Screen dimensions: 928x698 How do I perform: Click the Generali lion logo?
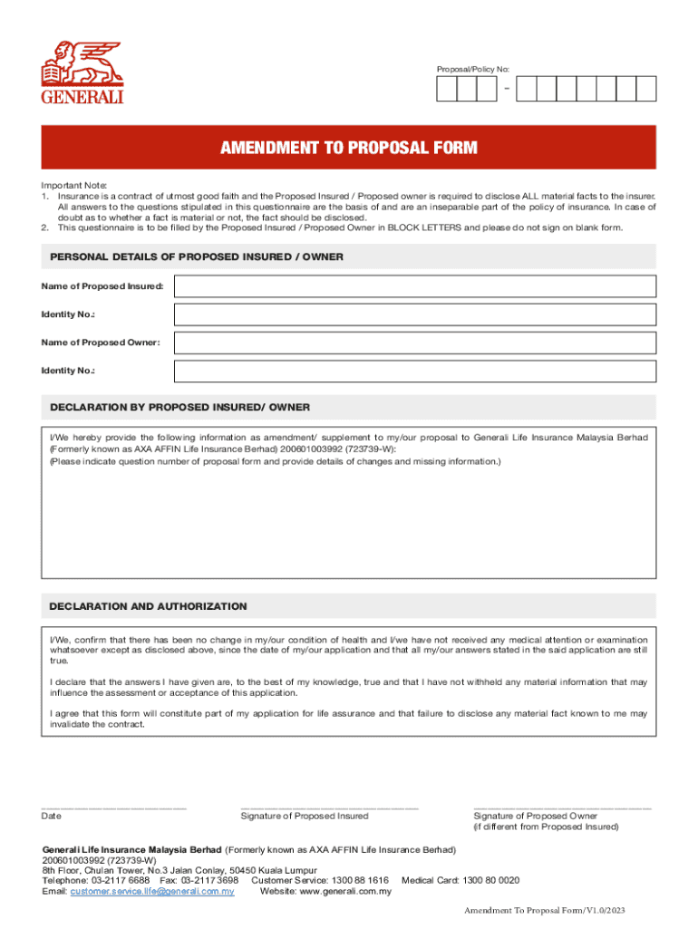point(82,72)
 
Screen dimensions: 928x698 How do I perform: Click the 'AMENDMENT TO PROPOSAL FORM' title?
point(349,148)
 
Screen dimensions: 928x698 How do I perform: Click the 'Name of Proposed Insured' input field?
point(415,286)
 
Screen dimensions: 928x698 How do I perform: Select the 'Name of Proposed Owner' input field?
point(415,343)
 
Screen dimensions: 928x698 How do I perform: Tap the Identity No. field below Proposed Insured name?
point(415,314)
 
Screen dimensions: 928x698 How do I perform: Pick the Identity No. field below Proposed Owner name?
point(415,371)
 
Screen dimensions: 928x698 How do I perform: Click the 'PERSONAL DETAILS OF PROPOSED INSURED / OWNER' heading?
point(197,257)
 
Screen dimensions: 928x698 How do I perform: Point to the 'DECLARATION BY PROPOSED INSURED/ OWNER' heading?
point(179,407)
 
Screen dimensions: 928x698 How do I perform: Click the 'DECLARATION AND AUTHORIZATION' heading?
point(148,606)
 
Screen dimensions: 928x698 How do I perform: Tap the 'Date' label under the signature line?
point(52,817)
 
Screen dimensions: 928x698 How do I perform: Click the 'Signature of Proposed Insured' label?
point(305,817)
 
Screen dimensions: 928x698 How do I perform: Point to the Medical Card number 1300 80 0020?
point(490,880)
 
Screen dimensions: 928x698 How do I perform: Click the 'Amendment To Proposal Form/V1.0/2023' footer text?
point(545,911)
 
